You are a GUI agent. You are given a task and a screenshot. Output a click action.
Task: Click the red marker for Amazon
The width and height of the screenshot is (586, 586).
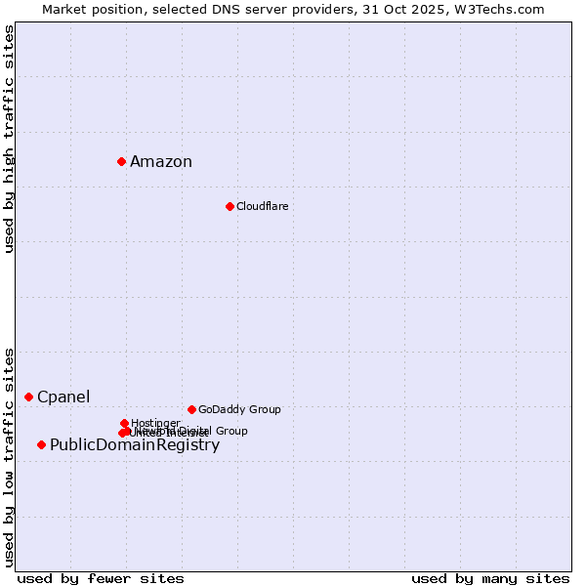click(x=121, y=161)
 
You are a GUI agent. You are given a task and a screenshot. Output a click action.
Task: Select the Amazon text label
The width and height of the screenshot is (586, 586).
click(x=161, y=162)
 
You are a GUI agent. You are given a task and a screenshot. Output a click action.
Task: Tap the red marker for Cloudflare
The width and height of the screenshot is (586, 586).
click(x=230, y=206)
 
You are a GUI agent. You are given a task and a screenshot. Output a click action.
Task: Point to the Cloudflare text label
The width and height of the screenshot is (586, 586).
click(x=262, y=206)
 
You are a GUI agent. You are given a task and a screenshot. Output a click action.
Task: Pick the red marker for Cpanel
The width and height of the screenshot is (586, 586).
click(x=28, y=397)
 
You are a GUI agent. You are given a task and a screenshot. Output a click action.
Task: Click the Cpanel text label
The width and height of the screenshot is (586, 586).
click(x=63, y=397)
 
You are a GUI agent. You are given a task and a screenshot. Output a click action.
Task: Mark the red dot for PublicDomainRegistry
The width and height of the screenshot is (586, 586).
click(x=41, y=445)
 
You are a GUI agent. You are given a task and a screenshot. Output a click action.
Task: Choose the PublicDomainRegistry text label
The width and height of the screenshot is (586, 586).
click(x=135, y=445)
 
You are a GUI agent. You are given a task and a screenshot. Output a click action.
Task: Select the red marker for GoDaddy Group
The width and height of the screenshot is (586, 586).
click(x=191, y=409)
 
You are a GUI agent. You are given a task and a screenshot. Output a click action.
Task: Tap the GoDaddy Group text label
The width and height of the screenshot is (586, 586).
click(x=239, y=410)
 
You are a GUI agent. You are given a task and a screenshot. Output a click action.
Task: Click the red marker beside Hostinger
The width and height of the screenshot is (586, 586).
click(x=124, y=423)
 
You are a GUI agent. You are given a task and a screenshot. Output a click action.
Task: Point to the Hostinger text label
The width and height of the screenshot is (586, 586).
click(x=155, y=423)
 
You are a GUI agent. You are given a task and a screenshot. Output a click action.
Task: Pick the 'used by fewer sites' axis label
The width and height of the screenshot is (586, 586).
click(x=101, y=578)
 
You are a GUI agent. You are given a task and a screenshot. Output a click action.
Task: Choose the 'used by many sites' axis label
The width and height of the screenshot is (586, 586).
click(x=490, y=578)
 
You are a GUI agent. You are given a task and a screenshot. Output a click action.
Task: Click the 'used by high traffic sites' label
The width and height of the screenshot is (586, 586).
click(x=9, y=139)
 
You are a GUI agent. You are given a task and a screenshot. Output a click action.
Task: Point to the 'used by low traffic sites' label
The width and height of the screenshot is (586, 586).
click(x=9, y=457)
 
